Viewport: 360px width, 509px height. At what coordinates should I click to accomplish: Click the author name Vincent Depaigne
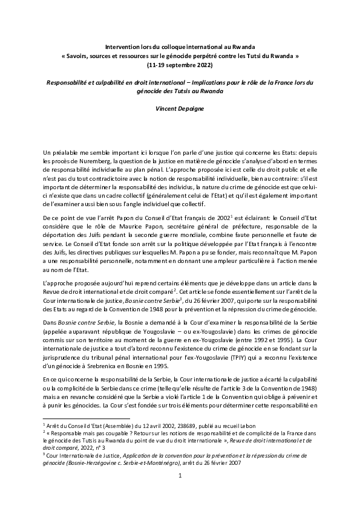click(180, 107)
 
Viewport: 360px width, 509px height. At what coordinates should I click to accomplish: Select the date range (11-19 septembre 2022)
click(180, 63)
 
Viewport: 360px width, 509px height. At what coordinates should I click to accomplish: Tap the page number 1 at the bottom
click(180, 494)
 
